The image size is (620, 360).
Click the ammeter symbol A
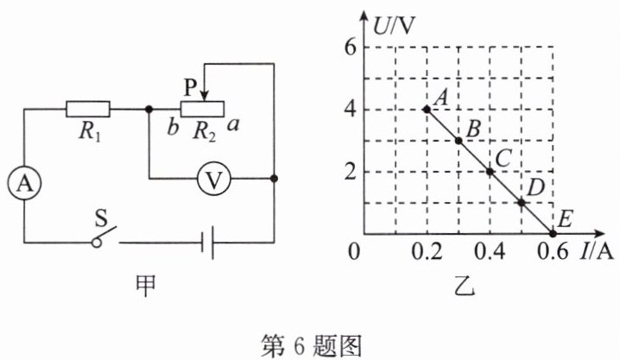click(x=24, y=183)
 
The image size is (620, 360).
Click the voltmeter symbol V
click(x=214, y=180)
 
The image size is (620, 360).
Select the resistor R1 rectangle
click(x=88, y=109)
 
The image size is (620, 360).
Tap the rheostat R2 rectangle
click(x=202, y=109)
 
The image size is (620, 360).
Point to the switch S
click(x=104, y=236)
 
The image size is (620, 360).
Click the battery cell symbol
click(x=207, y=243)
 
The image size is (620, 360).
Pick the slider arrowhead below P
click(x=204, y=96)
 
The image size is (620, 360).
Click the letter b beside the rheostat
click(x=173, y=127)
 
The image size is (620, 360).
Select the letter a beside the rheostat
click(x=234, y=126)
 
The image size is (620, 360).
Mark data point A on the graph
click(x=427, y=109)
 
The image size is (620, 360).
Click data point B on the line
click(x=459, y=140)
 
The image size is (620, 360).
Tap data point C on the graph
click(x=490, y=172)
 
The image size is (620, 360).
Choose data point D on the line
click(x=522, y=203)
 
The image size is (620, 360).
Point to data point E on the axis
click(x=553, y=234)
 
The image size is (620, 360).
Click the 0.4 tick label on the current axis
click(x=490, y=251)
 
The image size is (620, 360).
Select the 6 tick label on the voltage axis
click(x=351, y=48)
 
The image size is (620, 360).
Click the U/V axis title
click(x=394, y=26)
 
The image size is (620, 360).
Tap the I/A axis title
click(x=597, y=251)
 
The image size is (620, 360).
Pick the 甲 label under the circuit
click(x=146, y=286)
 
